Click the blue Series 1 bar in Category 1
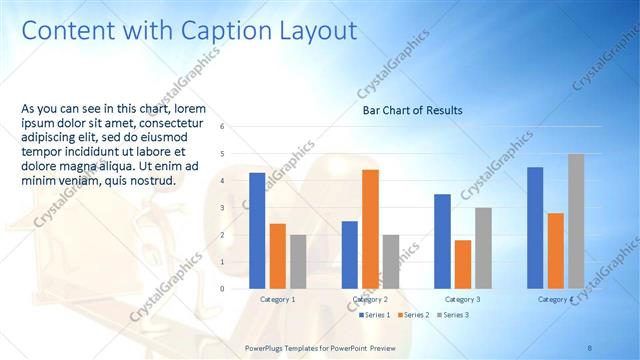(257, 231)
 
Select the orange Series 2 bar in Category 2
(370, 229)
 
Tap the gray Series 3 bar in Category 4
(576, 221)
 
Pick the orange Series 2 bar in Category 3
(462, 264)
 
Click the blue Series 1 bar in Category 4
(535, 228)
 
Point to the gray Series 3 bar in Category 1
(298, 262)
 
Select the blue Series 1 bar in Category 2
(350, 255)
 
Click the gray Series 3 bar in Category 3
(483, 248)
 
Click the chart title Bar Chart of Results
(412, 110)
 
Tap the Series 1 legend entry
(377, 315)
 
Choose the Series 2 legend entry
(415, 315)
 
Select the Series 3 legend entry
(452, 315)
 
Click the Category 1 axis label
(277, 299)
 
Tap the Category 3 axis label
(462, 299)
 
